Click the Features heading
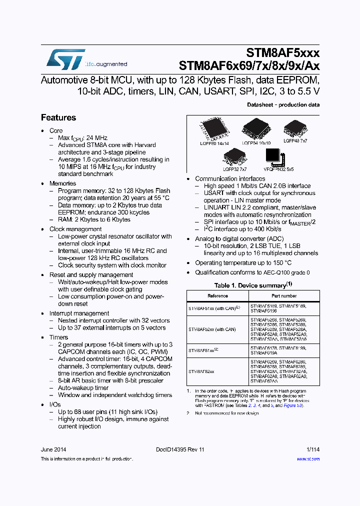[58, 118]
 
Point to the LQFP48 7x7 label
[295, 141]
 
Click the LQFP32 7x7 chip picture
[234, 157]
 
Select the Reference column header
[217, 296]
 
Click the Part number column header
[283, 296]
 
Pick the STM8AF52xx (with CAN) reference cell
[212, 329]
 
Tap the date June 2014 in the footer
[53, 450]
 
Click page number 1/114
[313, 450]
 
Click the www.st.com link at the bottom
[310, 458]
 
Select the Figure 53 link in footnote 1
[293, 405]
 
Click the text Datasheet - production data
[283, 105]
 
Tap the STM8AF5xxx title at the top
[282, 53]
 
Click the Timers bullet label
[59, 337]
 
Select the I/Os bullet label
[55, 404]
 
